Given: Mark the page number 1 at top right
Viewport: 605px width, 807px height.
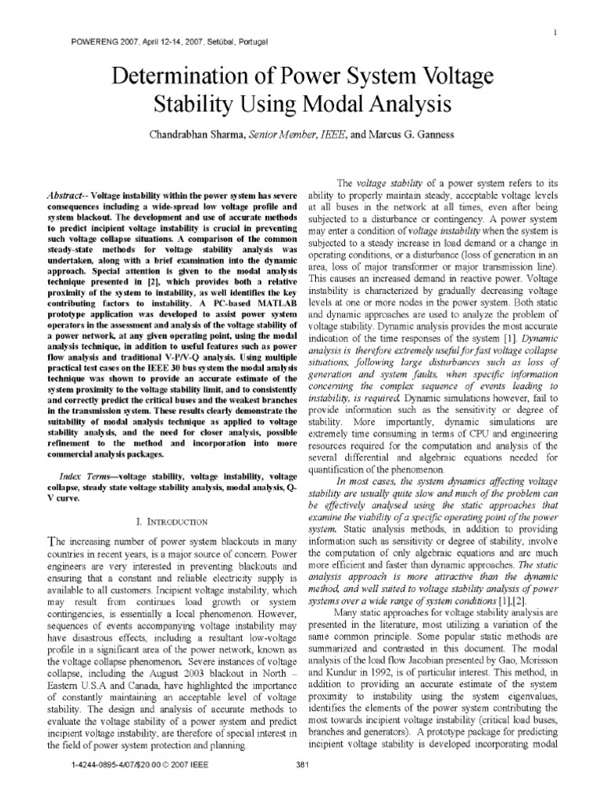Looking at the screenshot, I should coord(556,32).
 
